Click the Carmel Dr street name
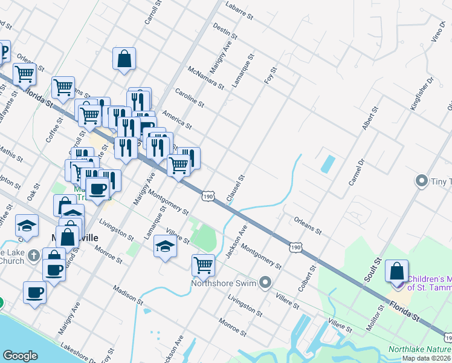[x=358, y=171]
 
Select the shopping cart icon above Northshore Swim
[x=203, y=264]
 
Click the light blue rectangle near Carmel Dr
[x=328, y=163]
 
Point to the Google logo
[x=20, y=356]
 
